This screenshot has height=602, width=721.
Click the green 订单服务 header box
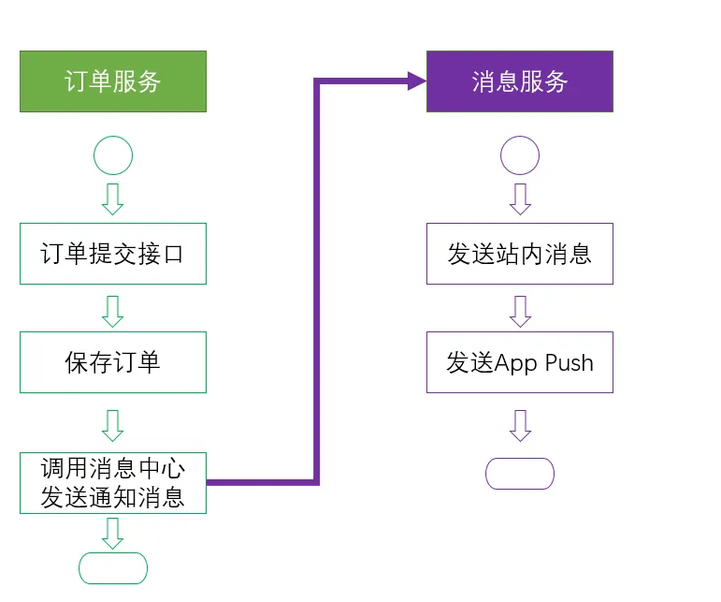pos(112,81)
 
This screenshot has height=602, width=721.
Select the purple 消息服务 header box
pos(520,81)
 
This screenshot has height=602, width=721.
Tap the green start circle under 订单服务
pos(113,155)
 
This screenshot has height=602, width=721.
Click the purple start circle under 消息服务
pos(520,155)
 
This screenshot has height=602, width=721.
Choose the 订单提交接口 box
pos(112,254)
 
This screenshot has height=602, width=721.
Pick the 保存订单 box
pos(112,362)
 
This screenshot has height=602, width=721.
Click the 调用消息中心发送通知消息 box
pos(112,483)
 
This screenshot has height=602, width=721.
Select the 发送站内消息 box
pos(520,254)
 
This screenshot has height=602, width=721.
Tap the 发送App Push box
pos(520,362)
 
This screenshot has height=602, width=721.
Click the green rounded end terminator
pos(113,568)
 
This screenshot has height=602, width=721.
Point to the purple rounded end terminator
pos(520,474)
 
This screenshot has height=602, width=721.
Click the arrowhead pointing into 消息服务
pos(417,81)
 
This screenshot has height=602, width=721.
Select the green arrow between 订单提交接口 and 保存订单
pos(113,310)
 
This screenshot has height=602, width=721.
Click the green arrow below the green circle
pos(113,198)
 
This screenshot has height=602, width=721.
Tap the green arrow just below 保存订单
pos(113,424)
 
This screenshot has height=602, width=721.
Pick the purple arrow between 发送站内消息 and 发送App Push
pos(520,310)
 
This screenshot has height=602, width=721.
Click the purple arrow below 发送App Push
pos(520,424)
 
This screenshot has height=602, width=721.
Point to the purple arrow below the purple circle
pos(520,198)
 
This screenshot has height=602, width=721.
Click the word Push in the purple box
pos(569,362)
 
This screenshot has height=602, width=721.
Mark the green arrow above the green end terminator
pos(113,532)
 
